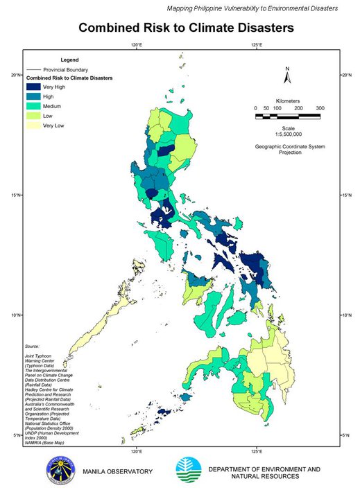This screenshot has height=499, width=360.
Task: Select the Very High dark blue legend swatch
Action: (x=33, y=87)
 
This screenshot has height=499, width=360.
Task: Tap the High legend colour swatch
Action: (x=33, y=96)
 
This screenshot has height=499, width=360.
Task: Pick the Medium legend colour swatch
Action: (x=33, y=106)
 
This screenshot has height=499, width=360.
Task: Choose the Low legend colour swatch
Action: (x=33, y=116)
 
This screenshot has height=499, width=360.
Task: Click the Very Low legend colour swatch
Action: (x=33, y=125)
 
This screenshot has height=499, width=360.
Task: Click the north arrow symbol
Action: (x=287, y=74)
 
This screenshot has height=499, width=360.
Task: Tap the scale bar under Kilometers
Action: (x=287, y=117)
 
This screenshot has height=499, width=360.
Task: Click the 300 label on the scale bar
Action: (x=320, y=109)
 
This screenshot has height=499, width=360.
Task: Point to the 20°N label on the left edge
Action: (x=13, y=75)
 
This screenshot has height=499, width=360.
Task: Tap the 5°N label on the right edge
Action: (x=346, y=435)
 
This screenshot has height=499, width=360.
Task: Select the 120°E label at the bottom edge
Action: (x=137, y=452)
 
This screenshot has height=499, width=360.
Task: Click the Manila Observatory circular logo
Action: (x=61, y=471)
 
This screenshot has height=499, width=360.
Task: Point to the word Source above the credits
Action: (x=31, y=344)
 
